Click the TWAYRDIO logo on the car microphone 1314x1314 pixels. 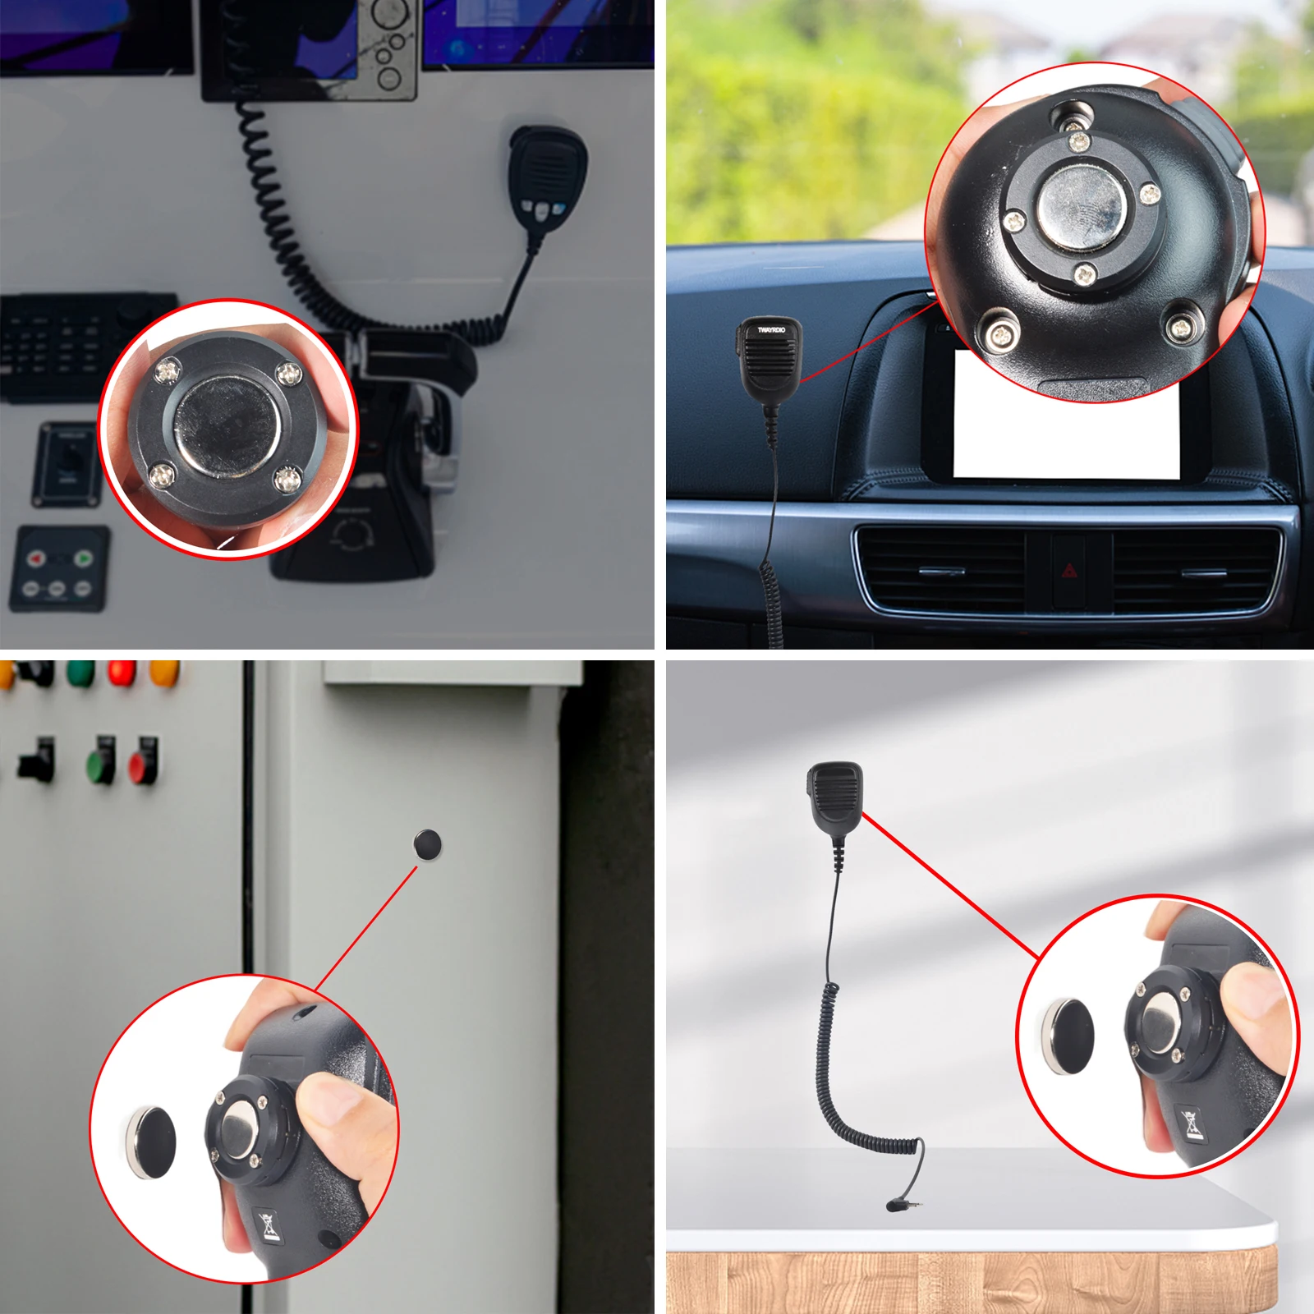(770, 330)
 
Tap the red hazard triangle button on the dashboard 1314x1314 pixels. (1068, 571)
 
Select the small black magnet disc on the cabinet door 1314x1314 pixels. (427, 844)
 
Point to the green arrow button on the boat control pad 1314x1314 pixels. (83, 558)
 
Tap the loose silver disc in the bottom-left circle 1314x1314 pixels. (151, 1142)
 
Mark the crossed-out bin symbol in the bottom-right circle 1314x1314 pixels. (1192, 1123)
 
